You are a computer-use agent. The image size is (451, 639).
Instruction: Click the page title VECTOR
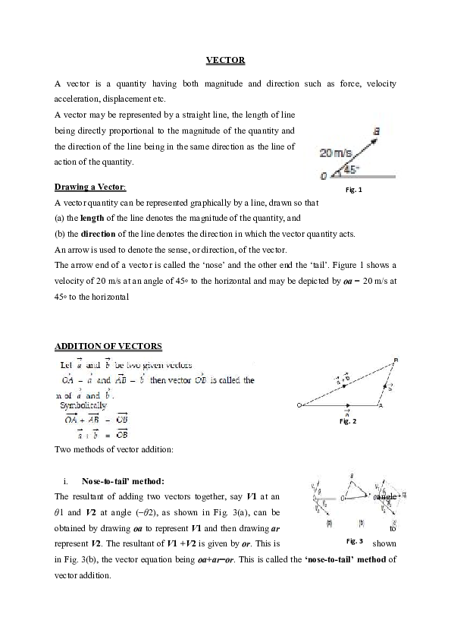(225, 60)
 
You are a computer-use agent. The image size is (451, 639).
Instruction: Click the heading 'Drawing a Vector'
(90, 187)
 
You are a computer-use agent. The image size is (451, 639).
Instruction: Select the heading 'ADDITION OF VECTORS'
(108, 346)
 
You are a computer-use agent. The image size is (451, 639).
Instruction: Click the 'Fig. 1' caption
(353, 190)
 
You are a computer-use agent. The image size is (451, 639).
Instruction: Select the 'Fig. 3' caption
(355, 541)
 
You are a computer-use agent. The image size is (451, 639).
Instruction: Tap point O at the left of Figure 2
(299, 404)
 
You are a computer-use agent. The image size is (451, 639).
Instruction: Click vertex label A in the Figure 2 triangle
(381, 407)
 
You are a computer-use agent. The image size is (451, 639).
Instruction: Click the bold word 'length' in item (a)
(81, 219)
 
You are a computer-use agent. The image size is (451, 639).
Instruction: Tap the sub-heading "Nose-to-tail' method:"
(123, 480)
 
